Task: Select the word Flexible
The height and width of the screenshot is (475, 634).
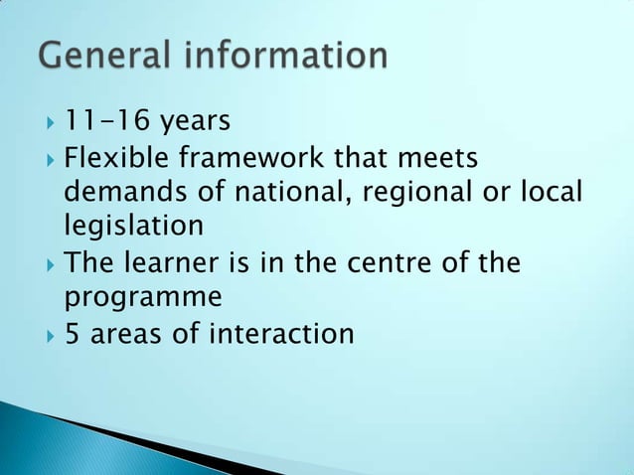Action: tap(109, 157)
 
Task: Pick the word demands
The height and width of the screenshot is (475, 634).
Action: tap(117, 192)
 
